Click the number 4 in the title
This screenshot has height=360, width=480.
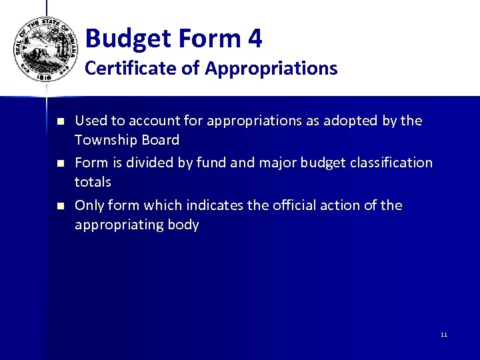coord(255,39)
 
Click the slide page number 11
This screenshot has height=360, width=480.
coord(444,335)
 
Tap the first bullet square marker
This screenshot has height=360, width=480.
coord(59,122)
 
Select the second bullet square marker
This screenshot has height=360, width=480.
coord(59,164)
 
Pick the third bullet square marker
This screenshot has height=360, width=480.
coord(59,206)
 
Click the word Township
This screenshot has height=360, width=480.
coord(105,140)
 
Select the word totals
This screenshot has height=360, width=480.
coord(93,181)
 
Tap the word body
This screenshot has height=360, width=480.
coord(184,225)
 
